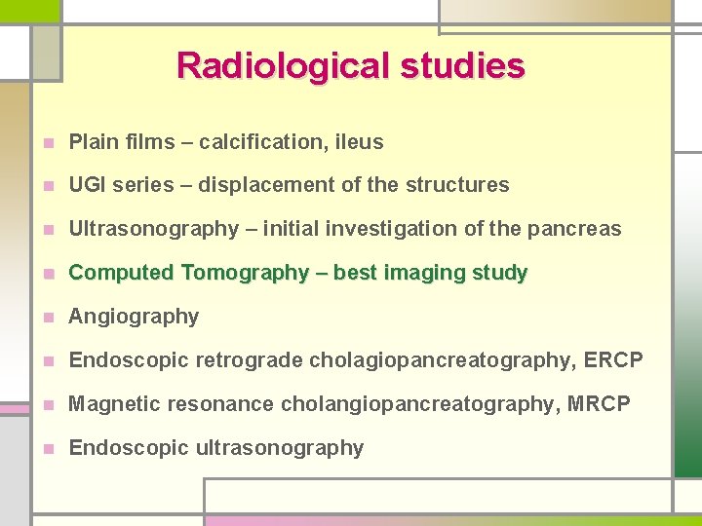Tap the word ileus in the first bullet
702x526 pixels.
[359, 142]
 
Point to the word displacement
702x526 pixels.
[260, 185]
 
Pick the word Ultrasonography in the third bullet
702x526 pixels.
[153, 229]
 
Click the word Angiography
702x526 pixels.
[134, 317]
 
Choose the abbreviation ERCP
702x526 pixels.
[613, 360]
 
